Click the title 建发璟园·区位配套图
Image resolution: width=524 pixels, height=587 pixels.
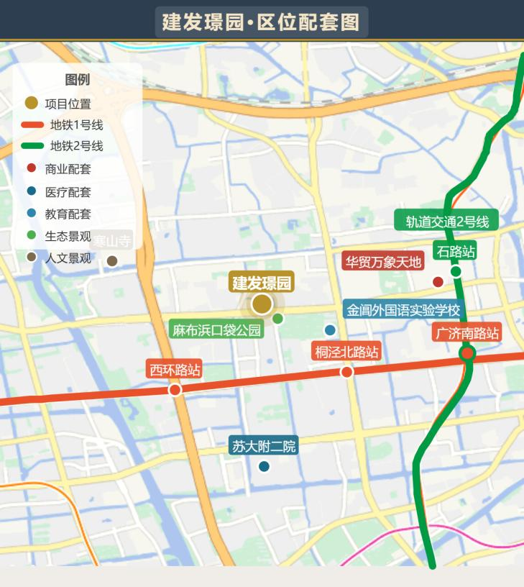[261, 22]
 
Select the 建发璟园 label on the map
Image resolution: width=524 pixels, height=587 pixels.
[262, 282]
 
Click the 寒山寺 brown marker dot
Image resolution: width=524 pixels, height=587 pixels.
[112, 260]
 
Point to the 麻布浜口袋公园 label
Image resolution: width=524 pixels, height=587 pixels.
[216, 330]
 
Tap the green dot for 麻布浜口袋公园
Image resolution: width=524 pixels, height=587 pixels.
[277, 318]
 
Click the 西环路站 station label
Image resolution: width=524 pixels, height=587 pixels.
[174, 370]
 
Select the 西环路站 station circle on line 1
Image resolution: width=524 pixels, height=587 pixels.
[175, 389]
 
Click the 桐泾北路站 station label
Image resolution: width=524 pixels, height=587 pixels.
[346, 352]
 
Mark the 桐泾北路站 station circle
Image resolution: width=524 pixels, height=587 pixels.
[346, 371]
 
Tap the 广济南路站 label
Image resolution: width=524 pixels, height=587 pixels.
[466, 333]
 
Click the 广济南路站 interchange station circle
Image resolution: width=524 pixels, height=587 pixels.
[467, 352]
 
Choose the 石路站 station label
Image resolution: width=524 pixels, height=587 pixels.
[456, 252]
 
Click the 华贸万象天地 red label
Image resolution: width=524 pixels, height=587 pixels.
[382, 261]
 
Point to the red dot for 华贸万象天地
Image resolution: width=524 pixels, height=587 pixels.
[438, 281]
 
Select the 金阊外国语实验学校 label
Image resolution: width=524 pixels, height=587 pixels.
[403, 311]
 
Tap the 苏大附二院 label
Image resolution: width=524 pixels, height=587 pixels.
[264, 446]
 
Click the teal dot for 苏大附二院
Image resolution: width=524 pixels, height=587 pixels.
[264, 466]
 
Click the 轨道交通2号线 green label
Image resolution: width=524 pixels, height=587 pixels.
[446, 222]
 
